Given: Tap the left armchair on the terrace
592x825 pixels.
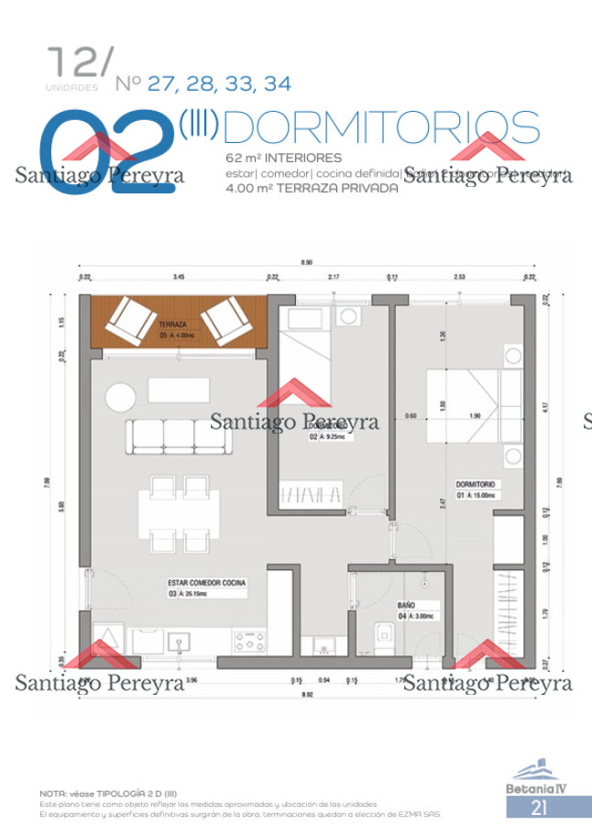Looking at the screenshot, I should (131, 320).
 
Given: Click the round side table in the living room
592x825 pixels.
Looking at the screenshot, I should (119, 397).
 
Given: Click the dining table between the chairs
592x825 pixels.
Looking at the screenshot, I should (178, 514).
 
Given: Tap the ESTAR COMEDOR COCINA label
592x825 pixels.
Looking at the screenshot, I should (206, 582).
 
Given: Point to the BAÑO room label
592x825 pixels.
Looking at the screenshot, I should (407, 607).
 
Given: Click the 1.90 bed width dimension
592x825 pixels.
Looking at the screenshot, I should (475, 416).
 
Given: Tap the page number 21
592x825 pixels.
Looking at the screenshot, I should (539, 808).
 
